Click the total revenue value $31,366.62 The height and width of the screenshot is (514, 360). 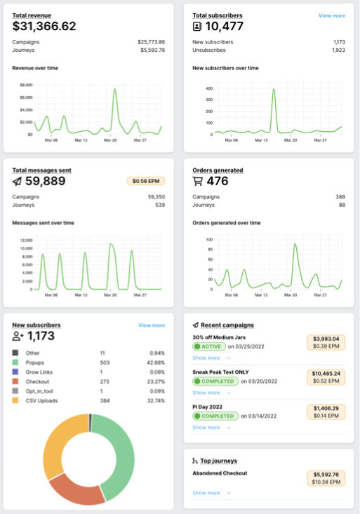(x=44, y=27)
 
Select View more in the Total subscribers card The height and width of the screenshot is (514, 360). (x=331, y=15)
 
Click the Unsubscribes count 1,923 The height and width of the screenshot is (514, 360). (x=338, y=50)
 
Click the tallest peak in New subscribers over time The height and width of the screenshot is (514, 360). (x=273, y=90)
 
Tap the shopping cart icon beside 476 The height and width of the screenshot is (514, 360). (x=198, y=181)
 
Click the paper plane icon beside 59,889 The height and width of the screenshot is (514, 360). (x=18, y=181)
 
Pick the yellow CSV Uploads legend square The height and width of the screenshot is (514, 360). (x=15, y=400)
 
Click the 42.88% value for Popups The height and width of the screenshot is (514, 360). (x=154, y=363)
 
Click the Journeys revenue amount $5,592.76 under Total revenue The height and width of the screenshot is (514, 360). (x=151, y=50)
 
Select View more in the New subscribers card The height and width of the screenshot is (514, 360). (x=152, y=325)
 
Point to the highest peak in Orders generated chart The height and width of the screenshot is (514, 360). (x=295, y=244)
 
